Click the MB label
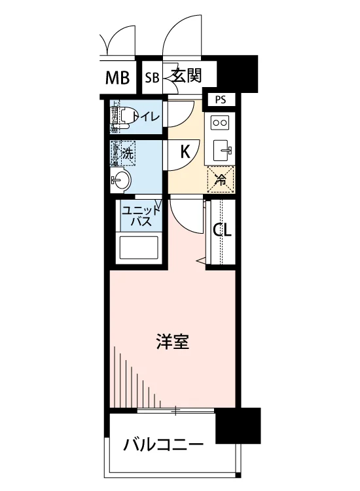click(118, 79)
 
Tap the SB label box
click(152, 79)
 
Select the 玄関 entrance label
click(187, 77)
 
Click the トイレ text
click(146, 117)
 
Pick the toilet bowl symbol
click(126, 117)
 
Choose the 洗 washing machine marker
click(127, 155)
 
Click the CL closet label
click(223, 231)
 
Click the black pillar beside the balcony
click(238, 425)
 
